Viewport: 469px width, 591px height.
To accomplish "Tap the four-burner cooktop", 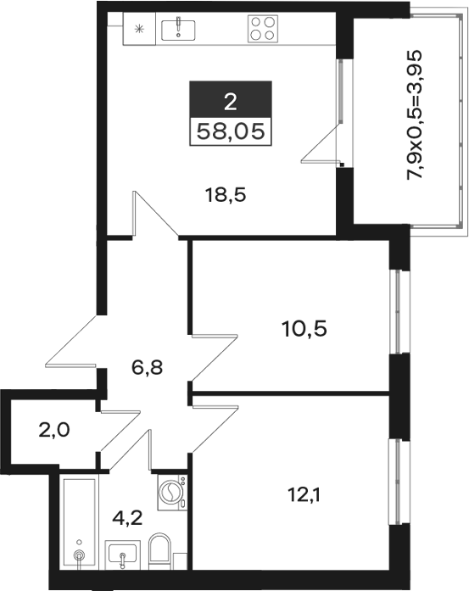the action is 263,28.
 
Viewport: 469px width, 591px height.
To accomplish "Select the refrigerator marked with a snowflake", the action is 139,29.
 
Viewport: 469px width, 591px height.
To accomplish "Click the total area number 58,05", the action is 231,131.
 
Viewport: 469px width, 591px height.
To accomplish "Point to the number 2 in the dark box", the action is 231,102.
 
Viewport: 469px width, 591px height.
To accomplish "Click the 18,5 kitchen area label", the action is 226,196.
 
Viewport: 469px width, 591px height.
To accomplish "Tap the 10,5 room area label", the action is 304,329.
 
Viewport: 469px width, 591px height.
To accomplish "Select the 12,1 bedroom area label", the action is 304,495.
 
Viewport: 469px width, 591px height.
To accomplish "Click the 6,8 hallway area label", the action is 147,367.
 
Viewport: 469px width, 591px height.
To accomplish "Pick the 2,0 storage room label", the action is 54,430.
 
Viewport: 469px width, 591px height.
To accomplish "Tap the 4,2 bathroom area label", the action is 127,518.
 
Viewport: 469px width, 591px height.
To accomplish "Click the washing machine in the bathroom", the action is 172,493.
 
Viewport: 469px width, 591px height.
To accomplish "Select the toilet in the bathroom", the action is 160,551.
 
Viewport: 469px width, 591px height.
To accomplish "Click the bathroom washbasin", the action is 122,555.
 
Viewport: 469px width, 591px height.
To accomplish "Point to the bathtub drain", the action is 79,555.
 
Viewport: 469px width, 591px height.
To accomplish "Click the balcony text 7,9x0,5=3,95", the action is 413,115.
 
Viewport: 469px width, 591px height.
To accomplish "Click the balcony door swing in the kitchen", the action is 320,144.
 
